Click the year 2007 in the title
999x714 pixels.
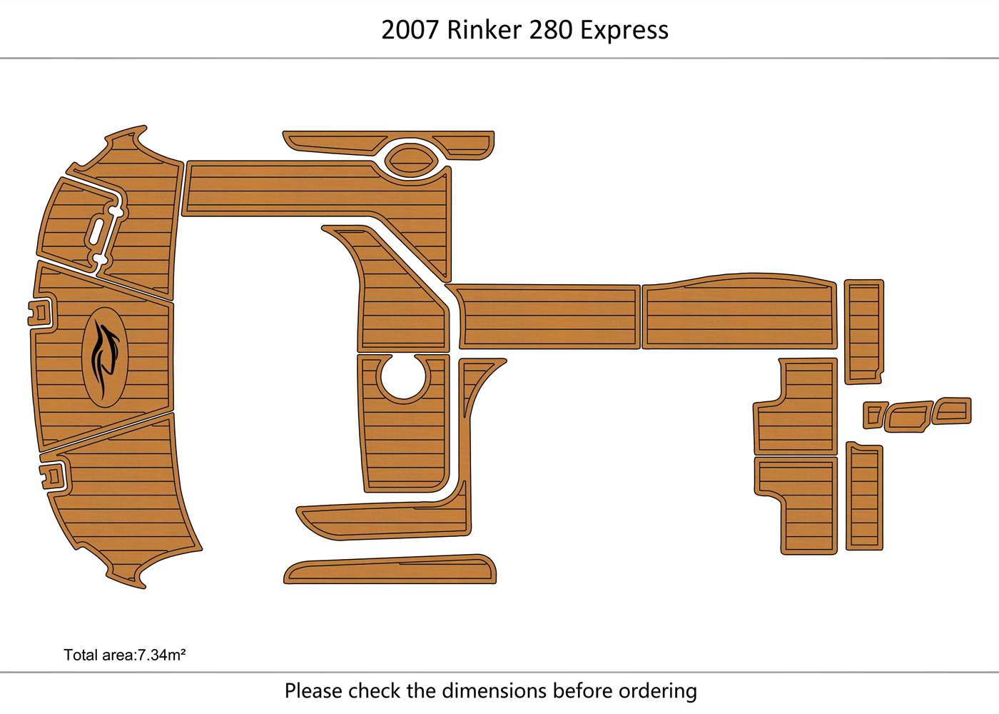click(410, 31)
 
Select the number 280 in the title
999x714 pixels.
click(551, 31)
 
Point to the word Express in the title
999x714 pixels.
click(624, 31)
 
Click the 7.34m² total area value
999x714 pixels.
click(162, 655)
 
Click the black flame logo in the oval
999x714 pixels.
click(104, 357)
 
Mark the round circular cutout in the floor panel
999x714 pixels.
click(403, 376)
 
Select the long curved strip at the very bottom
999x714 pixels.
click(390, 570)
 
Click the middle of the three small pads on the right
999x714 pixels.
click(908, 417)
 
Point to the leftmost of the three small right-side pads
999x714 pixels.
click(874, 415)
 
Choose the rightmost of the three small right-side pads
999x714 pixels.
click(953, 411)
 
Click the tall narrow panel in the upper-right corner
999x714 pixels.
click(863, 331)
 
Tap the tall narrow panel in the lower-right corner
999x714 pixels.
click(864, 497)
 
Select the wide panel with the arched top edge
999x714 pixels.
click(739, 313)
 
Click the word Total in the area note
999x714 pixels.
click(79, 655)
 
